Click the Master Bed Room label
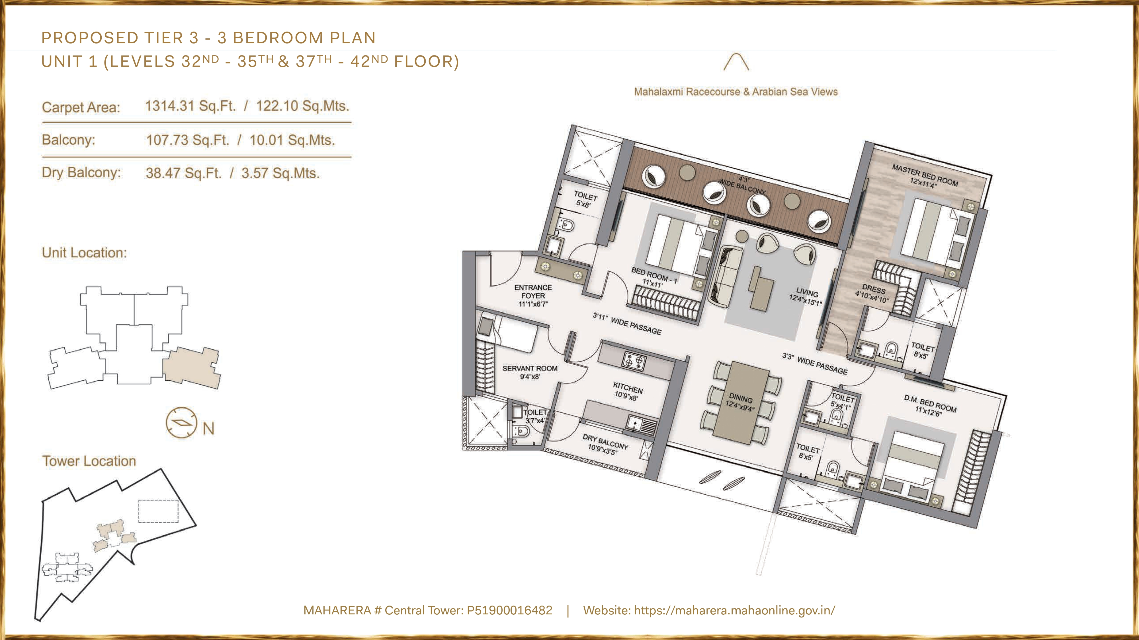(x=925, y=176)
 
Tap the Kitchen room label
(x=627, y=391)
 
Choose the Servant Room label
(x=530, y=372)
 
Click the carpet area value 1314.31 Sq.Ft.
(x=190, y=106)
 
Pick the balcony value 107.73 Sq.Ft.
(x=188, y=141)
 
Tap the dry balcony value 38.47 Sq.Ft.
(x=183, y=173)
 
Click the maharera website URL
(x=734, y=610)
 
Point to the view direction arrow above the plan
(x=736, y=62)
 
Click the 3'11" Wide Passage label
(x=627, y=323)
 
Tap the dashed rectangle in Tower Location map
(x=158, y=511)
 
